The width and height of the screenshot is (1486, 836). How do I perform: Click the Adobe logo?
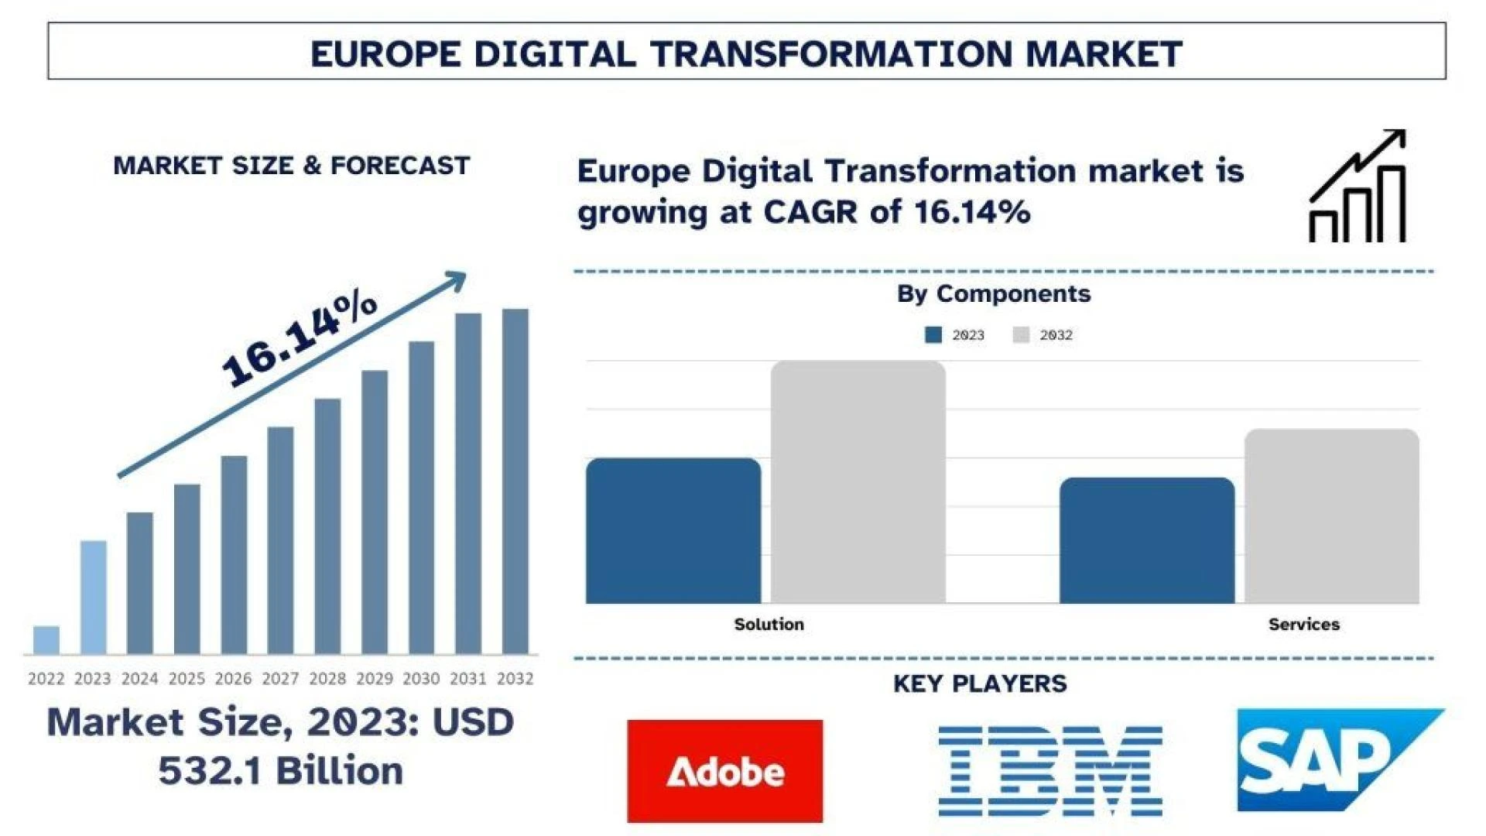(724, 771)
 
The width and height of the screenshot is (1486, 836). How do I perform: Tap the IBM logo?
(1050, 771)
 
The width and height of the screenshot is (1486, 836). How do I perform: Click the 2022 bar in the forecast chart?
(46, 640)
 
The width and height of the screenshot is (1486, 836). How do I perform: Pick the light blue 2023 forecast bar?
(94, 597)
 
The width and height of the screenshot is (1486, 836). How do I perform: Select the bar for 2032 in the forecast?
(515, 481)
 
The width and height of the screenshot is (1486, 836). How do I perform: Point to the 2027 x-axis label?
(280, 679)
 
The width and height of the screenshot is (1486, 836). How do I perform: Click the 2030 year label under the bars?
(421, 679)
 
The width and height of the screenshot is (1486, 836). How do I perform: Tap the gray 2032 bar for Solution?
(858, 481)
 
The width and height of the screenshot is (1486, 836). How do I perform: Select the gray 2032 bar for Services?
(1331, 516)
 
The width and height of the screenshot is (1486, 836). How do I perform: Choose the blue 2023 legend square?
(933, 335)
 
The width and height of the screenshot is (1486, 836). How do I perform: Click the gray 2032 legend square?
(1021, 335)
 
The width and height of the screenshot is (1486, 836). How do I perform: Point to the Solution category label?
(769, 624)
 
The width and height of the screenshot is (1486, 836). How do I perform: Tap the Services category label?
(1303, 624)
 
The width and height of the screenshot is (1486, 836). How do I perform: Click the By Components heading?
(994, 294)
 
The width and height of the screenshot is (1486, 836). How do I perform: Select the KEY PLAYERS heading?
(980, 684)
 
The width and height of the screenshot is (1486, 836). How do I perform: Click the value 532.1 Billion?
(280, 771)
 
